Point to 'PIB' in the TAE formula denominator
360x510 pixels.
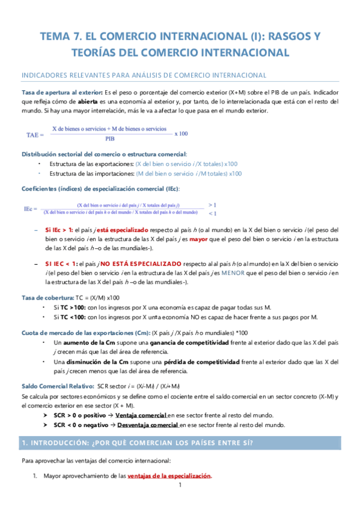109,138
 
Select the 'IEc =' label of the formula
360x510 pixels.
31,208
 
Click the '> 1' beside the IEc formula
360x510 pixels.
212,204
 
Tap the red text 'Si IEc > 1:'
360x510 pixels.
59,230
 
